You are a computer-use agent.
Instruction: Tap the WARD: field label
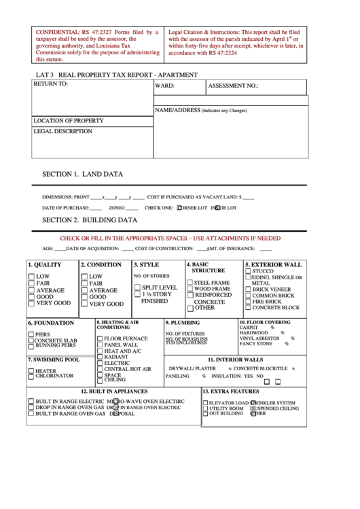click(165, 87)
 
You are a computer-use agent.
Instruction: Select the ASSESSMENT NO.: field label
click(233, 87)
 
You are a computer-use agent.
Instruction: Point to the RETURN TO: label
click(51, 84)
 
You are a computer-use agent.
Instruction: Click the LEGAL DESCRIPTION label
click(62, 131)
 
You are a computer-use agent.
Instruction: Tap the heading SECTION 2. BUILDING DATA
click(90, 220)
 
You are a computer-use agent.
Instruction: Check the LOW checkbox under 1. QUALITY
click(32, 277)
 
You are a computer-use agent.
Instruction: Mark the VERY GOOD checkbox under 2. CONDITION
click(85, 304)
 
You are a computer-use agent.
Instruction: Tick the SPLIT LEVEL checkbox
click(137, 287)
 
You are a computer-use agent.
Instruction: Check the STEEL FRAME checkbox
click(190, 282)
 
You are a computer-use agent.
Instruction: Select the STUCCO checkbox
click(248, 271)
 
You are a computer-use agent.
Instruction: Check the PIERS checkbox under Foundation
click(31, 334)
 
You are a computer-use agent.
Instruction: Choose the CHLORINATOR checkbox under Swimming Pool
click(31, 376)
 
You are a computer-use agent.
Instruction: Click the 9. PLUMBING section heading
click(183, 323)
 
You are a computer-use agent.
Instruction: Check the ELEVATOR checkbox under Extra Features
click(204, 403)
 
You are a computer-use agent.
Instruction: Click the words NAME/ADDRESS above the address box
click(177, 109)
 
